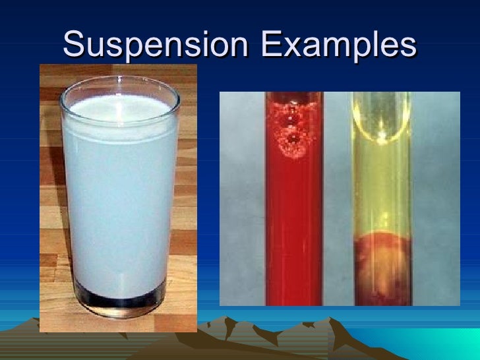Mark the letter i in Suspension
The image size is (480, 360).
198,44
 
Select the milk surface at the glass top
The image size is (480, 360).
119,105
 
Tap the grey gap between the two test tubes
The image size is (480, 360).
338,198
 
